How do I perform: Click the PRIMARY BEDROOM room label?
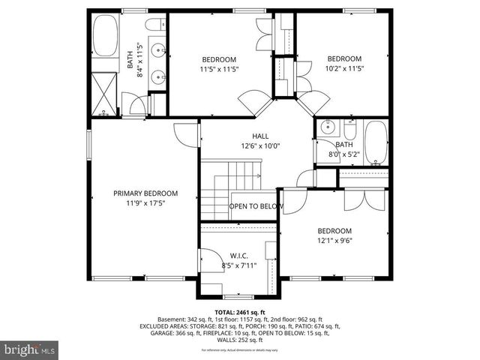point(145,193)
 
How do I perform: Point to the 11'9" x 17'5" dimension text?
point(145,202)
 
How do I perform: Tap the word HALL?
point(250,136)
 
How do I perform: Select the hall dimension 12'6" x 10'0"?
point(250,146)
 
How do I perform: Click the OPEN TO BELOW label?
point(256,206)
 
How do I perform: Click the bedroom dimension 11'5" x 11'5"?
point(219,70)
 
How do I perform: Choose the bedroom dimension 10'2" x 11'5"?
point(344,68)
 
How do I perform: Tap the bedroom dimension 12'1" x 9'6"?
point(334,241)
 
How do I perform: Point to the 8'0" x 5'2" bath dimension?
point(344,154)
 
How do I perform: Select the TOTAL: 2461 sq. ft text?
point(240,313)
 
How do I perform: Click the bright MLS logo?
point(30,349)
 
